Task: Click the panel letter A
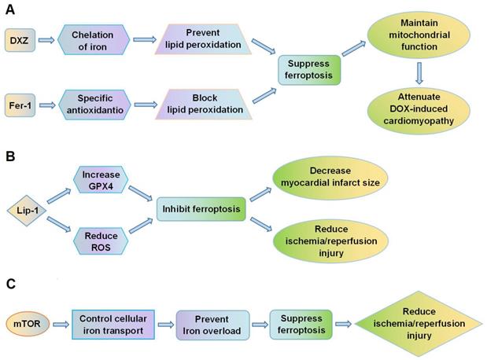click(9, 9)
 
